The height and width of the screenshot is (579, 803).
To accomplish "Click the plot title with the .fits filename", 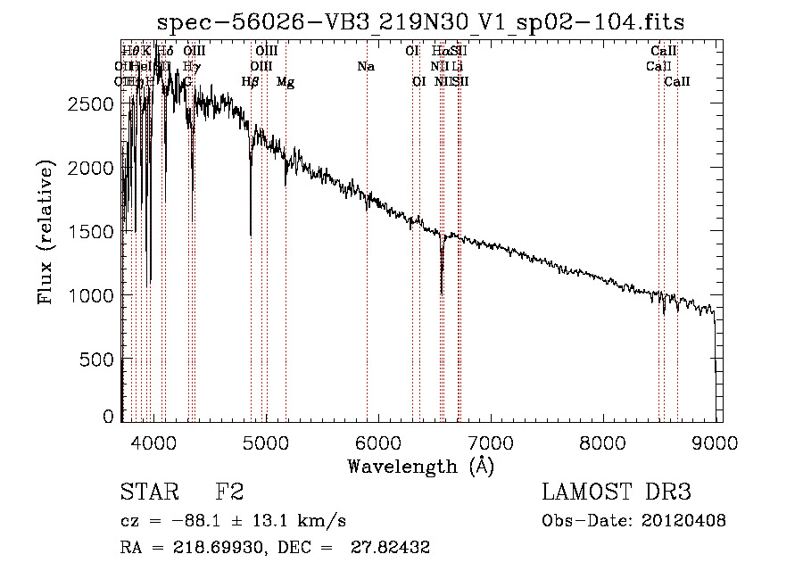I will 420,22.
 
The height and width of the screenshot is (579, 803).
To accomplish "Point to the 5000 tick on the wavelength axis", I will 266,441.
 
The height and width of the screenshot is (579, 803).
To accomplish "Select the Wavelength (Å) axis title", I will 420,466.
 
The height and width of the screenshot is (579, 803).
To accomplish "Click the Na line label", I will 365,67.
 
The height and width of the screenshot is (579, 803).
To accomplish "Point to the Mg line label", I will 286,82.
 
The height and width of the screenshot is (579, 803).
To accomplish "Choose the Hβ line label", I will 251,82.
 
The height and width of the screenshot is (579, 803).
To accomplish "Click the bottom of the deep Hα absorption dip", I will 442,293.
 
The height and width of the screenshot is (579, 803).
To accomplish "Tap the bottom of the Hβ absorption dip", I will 251,235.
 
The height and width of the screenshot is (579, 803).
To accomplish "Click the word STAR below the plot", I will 148,492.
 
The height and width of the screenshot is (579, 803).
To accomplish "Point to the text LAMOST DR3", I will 616,492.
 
